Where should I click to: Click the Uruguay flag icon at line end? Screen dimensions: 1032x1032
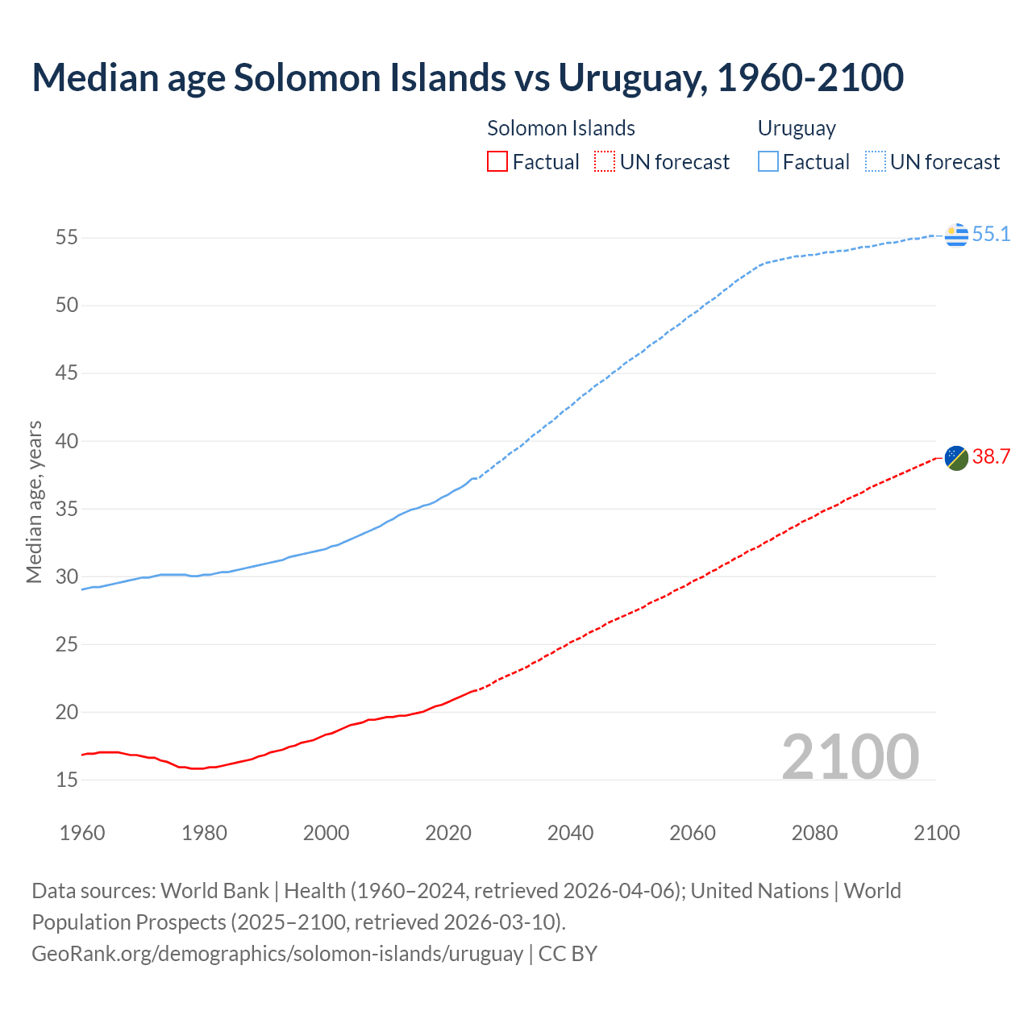(x=956, y=235)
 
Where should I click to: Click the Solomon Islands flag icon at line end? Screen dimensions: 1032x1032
(x=956, y=457)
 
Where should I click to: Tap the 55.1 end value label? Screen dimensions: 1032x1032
(x=991, y=235)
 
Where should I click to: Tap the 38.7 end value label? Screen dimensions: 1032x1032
(x=991, y=457)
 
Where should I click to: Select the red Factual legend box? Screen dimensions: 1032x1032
(x=497, y=162)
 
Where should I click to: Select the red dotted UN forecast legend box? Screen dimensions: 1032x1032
(x=605, y=162)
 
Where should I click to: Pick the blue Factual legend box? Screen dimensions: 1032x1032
(x=768, y=162)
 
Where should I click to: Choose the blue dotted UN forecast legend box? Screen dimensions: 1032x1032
(x=876, y=162)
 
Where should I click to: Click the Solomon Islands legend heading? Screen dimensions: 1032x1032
(x=561, y=128)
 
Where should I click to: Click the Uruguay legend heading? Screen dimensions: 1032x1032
(x=797, y=128)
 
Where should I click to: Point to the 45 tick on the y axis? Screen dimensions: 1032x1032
(x=67, y=373)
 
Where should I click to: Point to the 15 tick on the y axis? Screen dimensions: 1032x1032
(x=67, y=780)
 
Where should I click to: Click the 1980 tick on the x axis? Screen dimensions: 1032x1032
(x=204, y=833)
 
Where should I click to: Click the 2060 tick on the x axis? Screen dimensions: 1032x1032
(x=693, y=833)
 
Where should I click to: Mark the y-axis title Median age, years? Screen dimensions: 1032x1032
(x=34, y=501)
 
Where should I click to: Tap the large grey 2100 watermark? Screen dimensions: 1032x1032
(x=851, y=756)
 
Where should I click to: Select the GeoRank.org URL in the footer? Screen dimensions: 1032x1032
(x=277, y=954)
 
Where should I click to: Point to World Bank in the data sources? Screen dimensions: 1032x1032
(x=214, y=891)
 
